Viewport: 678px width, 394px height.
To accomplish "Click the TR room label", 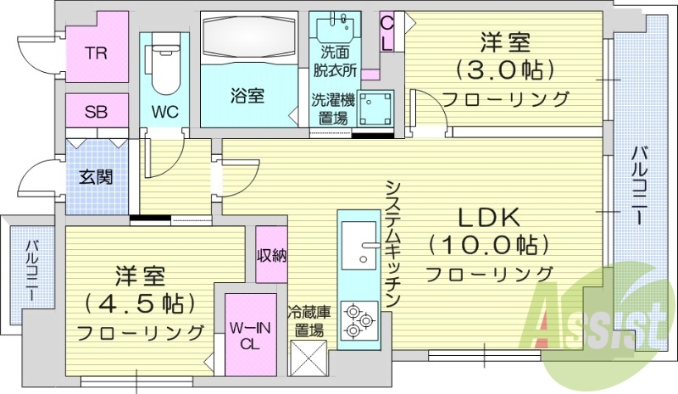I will (x=95, y=52).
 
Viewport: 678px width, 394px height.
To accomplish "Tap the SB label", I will (x=95, y=110).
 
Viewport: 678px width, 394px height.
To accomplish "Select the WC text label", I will (x=164, y=111).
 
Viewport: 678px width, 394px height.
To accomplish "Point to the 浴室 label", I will (x=247, y=95).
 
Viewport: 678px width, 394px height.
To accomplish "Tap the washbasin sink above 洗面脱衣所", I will (x=337, y=30).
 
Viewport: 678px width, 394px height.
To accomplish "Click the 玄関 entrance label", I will (x=97, y=178).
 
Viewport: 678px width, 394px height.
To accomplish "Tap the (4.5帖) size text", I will (x=140, y=302).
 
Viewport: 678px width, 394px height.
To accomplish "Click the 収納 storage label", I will (x=271, y=254).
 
